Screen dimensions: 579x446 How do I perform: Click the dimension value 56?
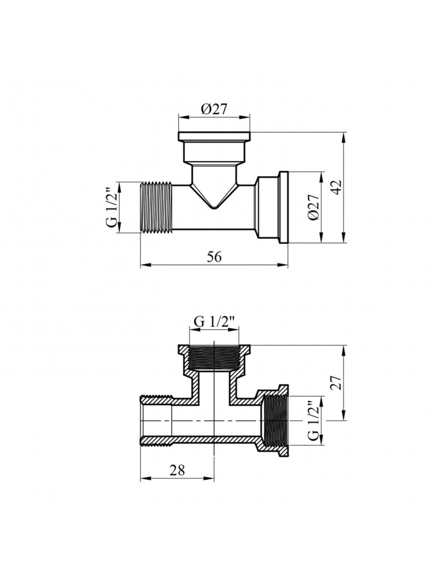(x=215, y=258)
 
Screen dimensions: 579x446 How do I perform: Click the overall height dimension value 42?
(x=338, y=187)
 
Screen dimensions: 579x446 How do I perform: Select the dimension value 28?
(x=177, y=470)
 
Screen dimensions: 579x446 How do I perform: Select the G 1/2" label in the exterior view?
(x=113, y=208)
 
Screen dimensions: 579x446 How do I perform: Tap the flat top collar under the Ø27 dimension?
(x=215, y=137)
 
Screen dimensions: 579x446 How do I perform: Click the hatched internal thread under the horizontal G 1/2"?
(x=215, y=360)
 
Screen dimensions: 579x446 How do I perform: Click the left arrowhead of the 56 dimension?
(x=143, y=266)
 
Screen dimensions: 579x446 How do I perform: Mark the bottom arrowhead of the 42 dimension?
(x=344, y=241)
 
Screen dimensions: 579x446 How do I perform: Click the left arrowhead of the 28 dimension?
(x=143, y=479)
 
